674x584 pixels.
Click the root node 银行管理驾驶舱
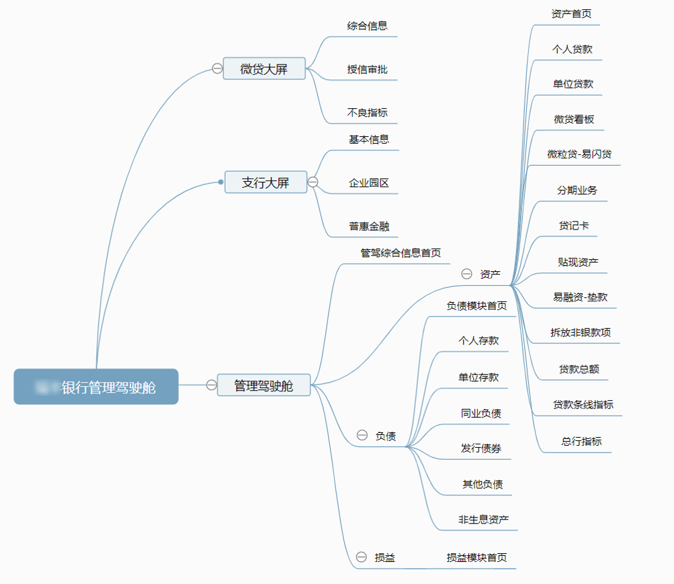(96, 387)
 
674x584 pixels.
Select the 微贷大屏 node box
(264, 68)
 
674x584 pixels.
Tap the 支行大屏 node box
(265, 182)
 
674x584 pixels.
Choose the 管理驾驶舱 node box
(263, 385)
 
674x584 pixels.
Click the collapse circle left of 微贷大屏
(217, 68)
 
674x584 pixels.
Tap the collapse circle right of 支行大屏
(313, 182)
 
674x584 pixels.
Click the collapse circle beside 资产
(466, 274)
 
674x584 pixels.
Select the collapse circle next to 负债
(362, 436)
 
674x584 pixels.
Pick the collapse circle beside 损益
(362, 557)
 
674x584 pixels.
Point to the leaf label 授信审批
(368, 69)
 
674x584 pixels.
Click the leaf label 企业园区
(369, 183)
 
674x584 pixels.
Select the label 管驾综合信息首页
(401, 253)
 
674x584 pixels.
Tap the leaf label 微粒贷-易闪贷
(579, 154)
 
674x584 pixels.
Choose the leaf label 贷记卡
(574, 226)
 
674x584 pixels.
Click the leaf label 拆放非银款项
(581, 332)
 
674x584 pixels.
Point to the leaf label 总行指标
(582, 441)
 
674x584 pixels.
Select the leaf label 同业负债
(481, 413)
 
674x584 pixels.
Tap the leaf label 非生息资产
(484, 520)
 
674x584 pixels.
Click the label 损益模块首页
(477, 557)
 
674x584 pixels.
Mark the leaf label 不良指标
(368, 112)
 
